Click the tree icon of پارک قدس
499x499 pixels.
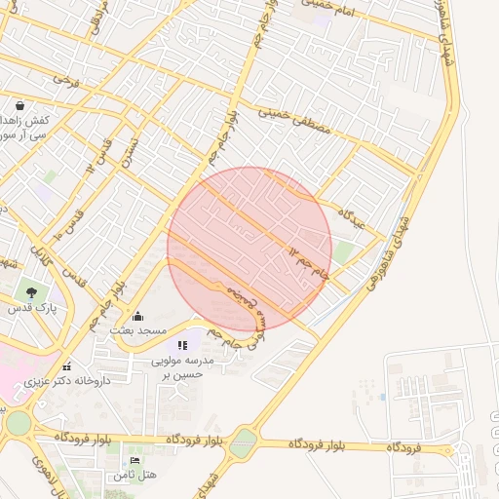coord(32,291)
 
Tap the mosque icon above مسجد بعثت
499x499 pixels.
coord(136,316)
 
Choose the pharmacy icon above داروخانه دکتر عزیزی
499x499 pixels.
coord(66,366)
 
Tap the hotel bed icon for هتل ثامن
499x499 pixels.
coord(134,460)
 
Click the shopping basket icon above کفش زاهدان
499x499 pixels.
coord(19,104)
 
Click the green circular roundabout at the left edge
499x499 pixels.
coord(18,424)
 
